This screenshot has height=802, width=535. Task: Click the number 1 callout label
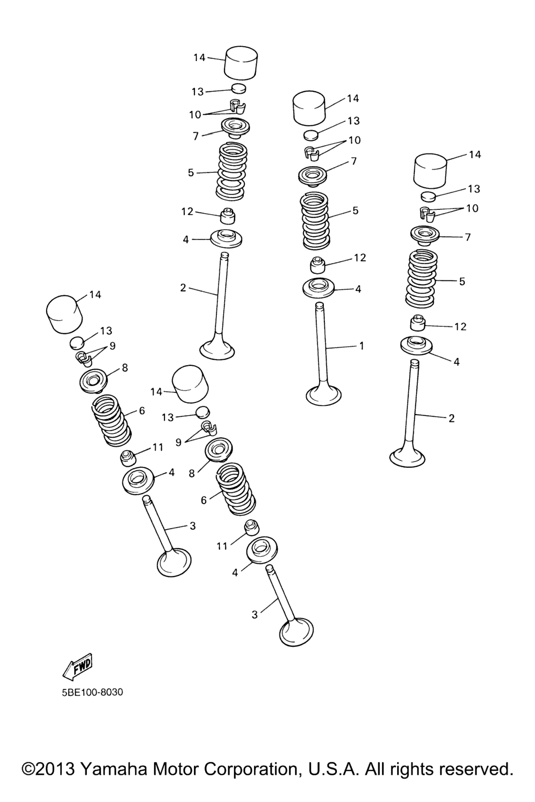[x=362, y=346]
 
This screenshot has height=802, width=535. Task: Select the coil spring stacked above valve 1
[x=316, y=220]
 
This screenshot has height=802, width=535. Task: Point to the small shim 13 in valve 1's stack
[x=311, y=135]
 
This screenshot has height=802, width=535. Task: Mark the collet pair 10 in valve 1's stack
[x=312, y=153]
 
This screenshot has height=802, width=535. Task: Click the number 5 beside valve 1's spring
[x=355, y=210]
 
